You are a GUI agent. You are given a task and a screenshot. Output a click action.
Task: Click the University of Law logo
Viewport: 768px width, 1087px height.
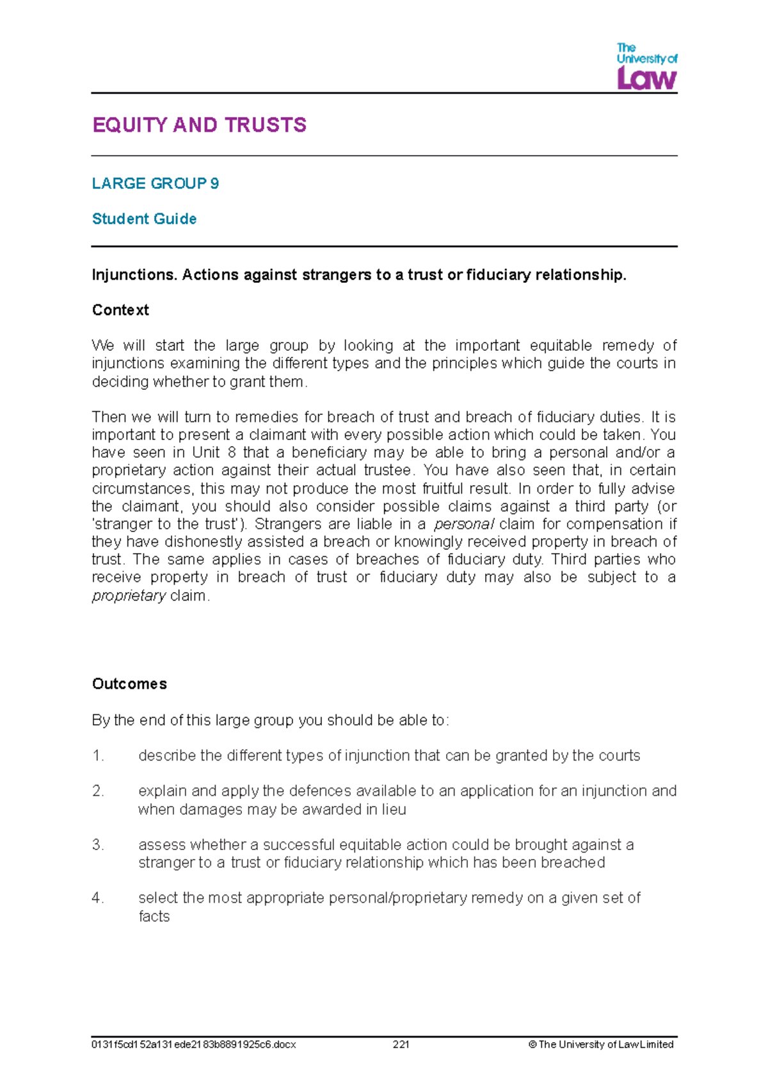[646, 67]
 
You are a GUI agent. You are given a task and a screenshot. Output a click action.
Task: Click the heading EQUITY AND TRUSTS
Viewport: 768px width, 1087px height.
[199, 125]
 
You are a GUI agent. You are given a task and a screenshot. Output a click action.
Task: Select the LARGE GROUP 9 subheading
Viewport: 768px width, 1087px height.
[156, 184]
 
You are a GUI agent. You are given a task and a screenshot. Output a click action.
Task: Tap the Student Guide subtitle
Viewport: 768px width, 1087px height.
[144, 219]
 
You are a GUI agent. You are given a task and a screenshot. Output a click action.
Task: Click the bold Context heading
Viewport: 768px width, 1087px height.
[120, 310]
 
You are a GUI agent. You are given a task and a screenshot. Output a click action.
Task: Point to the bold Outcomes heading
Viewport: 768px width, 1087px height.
[129, 684]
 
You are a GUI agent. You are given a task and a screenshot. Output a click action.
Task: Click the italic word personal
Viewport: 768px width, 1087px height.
[464, 524]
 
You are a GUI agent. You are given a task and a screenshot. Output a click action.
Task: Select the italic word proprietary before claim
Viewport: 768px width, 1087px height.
[129, 596]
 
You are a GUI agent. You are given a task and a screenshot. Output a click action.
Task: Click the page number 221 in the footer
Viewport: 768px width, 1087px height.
[401, 1044]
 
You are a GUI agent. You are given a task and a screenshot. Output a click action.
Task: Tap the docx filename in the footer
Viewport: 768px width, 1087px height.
[194, 1044]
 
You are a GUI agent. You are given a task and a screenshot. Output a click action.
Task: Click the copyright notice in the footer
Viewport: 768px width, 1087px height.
[601, 1044]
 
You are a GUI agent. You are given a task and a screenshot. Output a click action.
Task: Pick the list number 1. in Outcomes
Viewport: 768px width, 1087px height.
[98, 756]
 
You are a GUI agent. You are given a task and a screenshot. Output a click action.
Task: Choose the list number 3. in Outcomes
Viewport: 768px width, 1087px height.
[98, 845]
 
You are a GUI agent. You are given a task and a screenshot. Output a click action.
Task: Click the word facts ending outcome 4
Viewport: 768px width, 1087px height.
[154, 917]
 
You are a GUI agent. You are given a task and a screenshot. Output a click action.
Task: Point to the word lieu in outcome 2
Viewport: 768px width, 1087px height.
[394, 810]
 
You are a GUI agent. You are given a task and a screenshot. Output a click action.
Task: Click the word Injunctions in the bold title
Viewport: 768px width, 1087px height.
[134, 275]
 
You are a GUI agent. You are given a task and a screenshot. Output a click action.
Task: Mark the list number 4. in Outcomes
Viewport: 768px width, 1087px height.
[98, 898]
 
